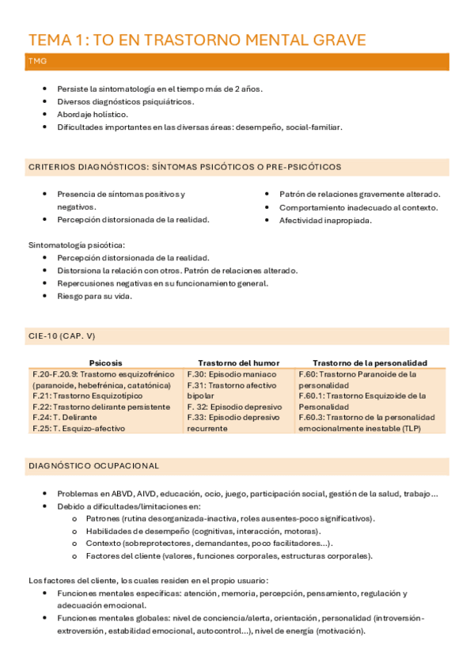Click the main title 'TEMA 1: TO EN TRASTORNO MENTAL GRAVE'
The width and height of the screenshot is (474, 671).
[197, 40]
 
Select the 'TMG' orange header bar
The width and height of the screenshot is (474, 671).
[237, 61]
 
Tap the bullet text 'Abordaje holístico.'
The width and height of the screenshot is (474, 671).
[93, 114]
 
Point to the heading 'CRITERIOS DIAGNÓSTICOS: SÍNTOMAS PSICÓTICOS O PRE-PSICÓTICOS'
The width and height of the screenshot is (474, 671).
[185, 167]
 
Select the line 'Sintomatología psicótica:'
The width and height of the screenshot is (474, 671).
[76, 245]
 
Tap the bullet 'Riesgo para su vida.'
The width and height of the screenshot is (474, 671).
[94, 296]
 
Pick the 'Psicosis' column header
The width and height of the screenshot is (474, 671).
[106, 362]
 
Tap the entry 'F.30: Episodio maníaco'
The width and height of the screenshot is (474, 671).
[232, 373]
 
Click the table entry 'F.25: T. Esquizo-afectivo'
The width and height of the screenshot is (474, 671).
[78, 428]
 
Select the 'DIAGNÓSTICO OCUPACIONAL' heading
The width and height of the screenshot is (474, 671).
[93, 466]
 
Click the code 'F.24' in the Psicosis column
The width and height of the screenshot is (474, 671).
[41, 417]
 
